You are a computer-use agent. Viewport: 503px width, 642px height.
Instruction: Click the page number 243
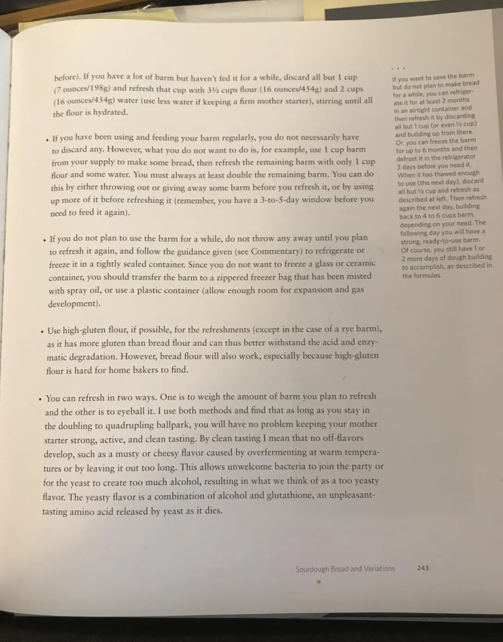point(423,568)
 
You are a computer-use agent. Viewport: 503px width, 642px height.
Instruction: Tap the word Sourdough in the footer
point(312,569)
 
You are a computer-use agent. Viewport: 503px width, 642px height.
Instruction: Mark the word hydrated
point(110,112)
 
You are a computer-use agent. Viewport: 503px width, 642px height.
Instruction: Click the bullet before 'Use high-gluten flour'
point(42,331)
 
